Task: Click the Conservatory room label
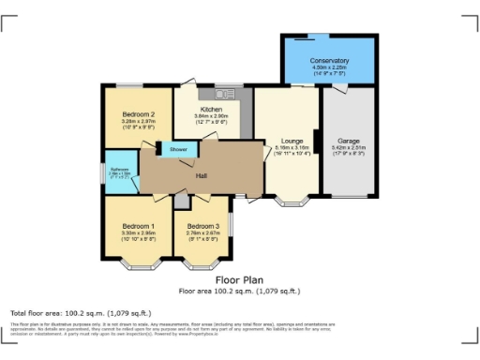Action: click(329, 61)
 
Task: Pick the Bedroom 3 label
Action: click(202, 226)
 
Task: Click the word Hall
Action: click(200, 174)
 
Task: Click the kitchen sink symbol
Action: click(224, 94)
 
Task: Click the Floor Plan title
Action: click(239, 279)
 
